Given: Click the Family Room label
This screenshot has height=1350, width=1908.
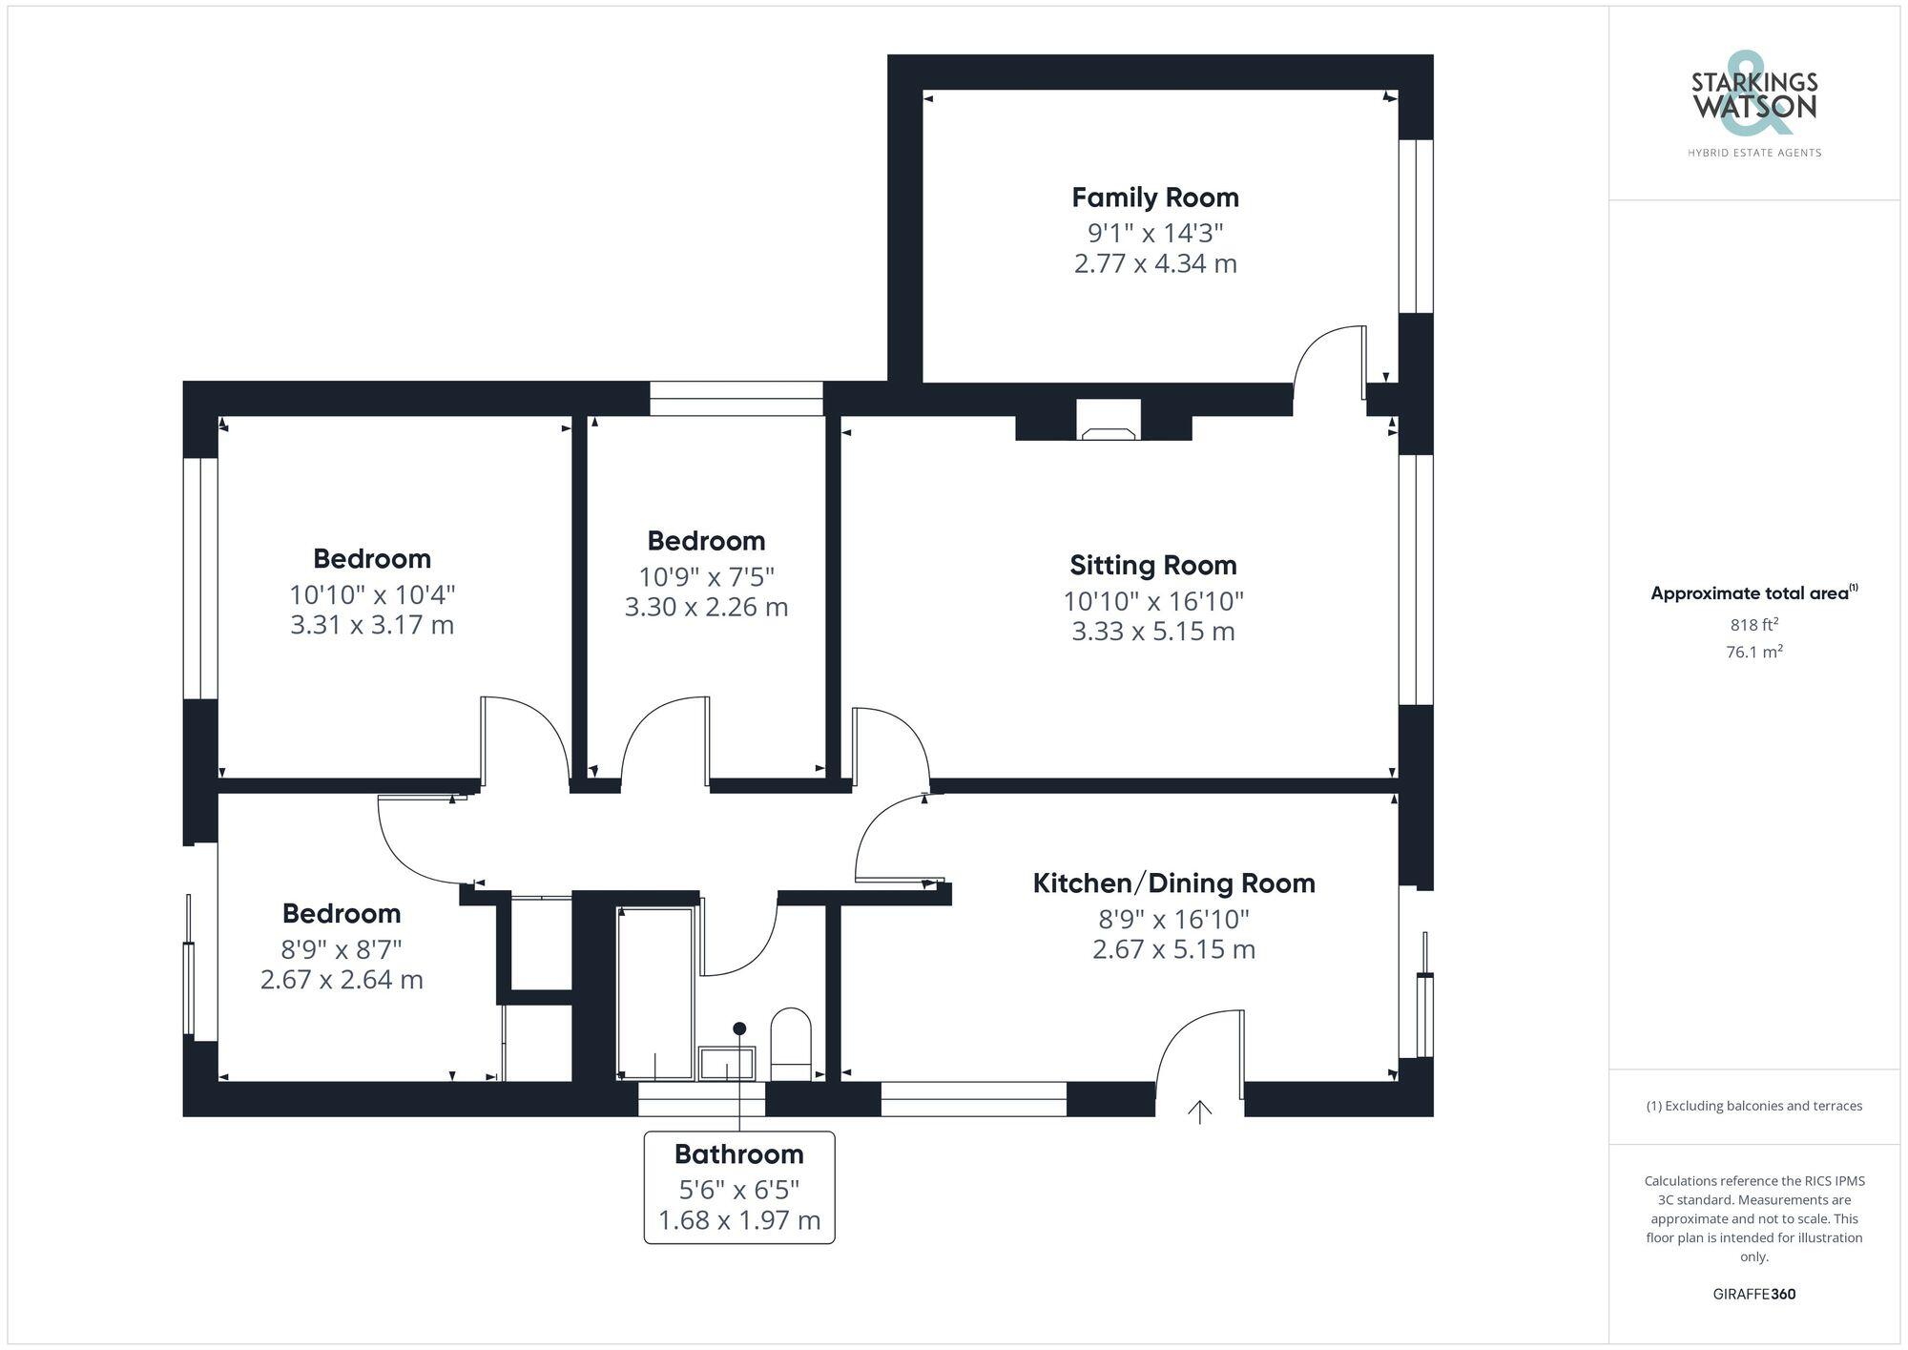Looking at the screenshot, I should [x=1154, y=197].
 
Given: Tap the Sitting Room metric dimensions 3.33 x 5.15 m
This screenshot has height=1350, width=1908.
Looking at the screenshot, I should [x=1152, y=632].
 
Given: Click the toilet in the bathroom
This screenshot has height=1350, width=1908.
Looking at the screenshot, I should [x=790, y=1040].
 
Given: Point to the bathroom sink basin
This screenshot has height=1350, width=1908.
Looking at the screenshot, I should [x=727, y=1062].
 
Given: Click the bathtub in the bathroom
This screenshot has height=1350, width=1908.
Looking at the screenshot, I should [x=655, y=992].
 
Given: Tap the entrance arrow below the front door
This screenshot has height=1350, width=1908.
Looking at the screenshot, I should [x=1199, y=1111].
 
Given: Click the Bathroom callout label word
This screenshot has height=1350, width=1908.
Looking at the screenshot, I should [x=738, y=1154].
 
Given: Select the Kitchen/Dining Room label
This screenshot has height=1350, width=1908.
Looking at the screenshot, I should [x=1173, y=883].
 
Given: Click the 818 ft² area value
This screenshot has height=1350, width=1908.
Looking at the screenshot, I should [x=1753, y=625].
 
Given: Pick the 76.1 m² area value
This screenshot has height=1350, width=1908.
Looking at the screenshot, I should [x=1753, y=653].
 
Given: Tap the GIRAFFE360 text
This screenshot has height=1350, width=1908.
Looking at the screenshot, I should [x=1753, y=1295].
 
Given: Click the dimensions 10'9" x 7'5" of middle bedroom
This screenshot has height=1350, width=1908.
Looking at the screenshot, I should [x=706, y=577].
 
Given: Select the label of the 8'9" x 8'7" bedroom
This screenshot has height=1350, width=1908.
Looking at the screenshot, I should [x=341, y=914].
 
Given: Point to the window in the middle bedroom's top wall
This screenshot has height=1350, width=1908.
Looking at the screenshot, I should [x=736, y=398].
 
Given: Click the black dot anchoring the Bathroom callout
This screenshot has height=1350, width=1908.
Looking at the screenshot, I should [x=739, y=1028].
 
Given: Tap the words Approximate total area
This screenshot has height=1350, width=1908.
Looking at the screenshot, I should [x=1749, y=593].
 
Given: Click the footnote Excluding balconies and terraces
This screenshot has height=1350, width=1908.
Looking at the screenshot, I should [x=1753, y=1107].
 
